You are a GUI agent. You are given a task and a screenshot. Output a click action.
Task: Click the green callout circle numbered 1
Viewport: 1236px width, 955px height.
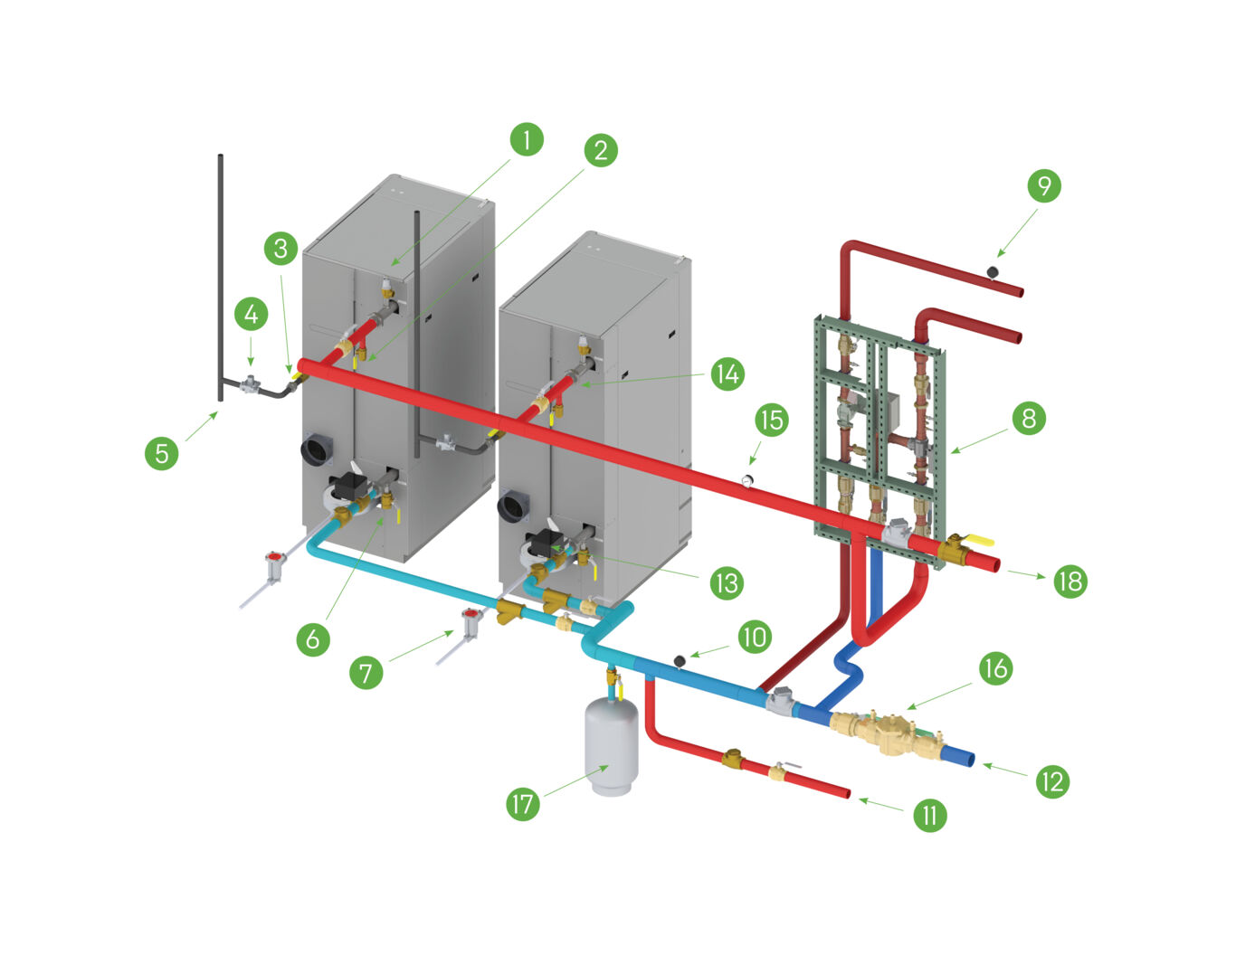click(526, 140)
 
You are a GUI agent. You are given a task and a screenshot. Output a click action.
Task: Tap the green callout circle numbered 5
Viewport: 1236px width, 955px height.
click(161, 452)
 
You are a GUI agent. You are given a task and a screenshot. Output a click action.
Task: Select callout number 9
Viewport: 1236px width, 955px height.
click(1044, 185)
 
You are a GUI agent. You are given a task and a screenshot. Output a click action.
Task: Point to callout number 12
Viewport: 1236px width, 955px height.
click(1052, 781)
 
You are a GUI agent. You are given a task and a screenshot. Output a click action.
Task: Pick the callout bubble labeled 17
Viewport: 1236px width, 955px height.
click(523, 804)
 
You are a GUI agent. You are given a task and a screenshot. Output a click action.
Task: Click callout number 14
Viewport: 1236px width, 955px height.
click(727, 374)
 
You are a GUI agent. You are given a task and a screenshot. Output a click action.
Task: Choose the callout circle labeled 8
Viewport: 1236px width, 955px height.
click(1029, 419)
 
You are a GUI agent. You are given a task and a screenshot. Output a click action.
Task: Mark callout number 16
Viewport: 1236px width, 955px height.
click(995, 668)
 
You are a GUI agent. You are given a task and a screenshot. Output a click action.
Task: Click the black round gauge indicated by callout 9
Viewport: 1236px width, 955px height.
click(993, 270)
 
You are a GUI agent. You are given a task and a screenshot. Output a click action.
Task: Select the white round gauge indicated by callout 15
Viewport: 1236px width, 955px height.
click(748, 480)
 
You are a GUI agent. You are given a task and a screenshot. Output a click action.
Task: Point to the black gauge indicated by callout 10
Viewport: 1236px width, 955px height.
click(679, 662)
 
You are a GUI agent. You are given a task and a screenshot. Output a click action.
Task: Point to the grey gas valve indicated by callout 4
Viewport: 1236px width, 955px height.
click(251, 386)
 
